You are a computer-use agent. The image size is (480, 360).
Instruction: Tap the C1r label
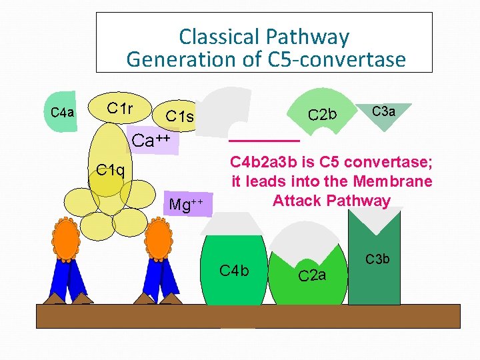pos(120,108)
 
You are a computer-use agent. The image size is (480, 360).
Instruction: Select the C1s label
pos(179,117)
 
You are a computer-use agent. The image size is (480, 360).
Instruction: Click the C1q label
pos(109,169)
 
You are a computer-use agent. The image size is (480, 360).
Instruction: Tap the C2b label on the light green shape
pos(323,115)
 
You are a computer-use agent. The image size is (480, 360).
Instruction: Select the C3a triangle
pos(383,111)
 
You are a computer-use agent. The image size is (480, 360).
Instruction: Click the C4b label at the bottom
pos(234,270)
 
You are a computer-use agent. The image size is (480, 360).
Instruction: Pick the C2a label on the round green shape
pos(311,275)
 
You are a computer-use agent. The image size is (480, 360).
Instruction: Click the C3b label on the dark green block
pos(377,259)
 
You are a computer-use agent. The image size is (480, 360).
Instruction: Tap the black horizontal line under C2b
pos(264,141)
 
